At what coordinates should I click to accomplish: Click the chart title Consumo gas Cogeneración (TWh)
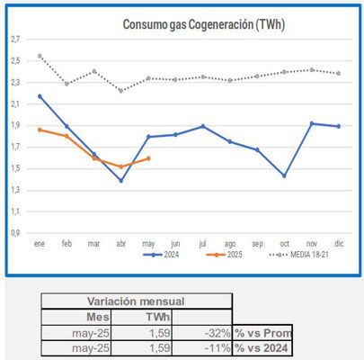pos(204,24)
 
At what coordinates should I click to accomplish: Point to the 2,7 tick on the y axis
pos(15,39)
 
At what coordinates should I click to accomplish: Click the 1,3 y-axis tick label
pos(15,190)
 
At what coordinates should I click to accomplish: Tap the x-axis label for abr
pos(121,244)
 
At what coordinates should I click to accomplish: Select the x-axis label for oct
pos(284,244)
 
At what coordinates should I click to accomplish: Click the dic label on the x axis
pos(339,243)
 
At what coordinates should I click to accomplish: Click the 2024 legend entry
pos(162,255)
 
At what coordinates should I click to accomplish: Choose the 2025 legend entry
pos(225,255)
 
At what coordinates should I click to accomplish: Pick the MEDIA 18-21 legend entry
pos(298,255)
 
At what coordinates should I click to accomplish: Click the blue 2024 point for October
pos(284,175)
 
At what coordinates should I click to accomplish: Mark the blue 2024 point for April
pos(121,181)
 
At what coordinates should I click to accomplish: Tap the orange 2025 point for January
pos(40,130)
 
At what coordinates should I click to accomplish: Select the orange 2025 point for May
pos(148,158)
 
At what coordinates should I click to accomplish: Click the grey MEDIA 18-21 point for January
pos(40,56)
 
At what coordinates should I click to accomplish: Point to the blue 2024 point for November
pos(312,123)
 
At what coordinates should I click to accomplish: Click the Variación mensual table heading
pos(136,301)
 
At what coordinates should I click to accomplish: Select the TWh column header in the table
pos(158,317)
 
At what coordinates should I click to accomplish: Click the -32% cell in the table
pos(218,333)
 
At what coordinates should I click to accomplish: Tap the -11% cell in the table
pos(218,348)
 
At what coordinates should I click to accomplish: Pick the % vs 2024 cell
pos(262,348)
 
